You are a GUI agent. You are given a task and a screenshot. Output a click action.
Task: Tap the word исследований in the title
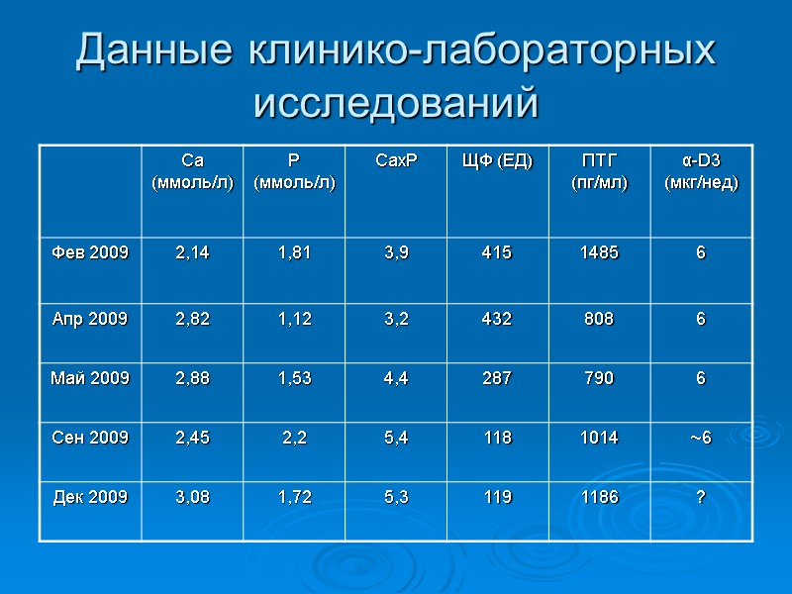(x=396, y=102)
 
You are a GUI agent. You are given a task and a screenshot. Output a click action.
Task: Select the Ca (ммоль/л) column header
(x=193, y=171)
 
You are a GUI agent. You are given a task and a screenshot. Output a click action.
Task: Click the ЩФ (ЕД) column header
(x=498, y=160)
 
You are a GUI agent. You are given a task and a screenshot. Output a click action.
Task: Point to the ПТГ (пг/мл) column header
(x=599, y=171)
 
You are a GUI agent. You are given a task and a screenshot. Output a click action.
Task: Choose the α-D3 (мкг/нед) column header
(x=701, y=171)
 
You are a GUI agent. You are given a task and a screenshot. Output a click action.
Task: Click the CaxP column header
(x=396, y=160)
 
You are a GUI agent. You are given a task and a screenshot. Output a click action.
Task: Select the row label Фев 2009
(x=90, y=252)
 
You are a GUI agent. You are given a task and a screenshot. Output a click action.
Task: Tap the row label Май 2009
(x=90, y=376)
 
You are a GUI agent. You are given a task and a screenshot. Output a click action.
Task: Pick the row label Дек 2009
(x=90, y=497)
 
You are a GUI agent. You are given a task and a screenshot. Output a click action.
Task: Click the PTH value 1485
(x=599, y=252)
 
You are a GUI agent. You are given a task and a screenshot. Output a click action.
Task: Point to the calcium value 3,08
(x=193, y=497)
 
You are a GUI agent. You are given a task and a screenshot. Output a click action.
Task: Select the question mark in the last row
(x=701, y=497)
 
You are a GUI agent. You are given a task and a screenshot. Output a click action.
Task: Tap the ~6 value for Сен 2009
(x=701, y=437)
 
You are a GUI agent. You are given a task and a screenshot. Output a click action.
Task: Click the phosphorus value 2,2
(x=294, y=437)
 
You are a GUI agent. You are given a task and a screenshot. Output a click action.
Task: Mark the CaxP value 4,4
(x=396, y=376)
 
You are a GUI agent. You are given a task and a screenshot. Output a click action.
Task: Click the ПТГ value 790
(x=599, y=376)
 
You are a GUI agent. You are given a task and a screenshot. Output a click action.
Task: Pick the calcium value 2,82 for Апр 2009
(x=193, y=318)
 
